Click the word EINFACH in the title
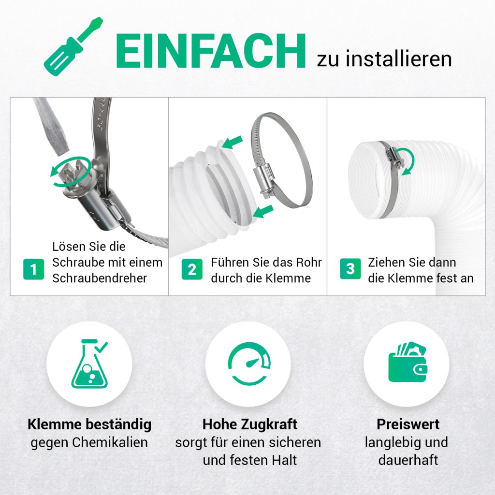pos(211,51)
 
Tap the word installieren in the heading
pos(399,58)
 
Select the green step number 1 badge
pos(33,269)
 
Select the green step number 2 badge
pos(192,269)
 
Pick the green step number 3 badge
pos(350,269)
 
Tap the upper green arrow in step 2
pos(233,142)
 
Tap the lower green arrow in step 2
pos(263,211)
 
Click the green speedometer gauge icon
pos(249,364)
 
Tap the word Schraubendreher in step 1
pos(100,278)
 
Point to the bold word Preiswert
pos(408,424)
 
